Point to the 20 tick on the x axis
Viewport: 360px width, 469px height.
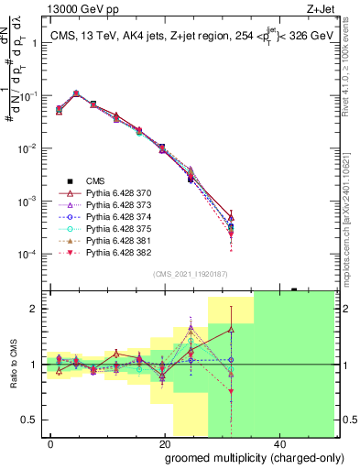tap(164, 442)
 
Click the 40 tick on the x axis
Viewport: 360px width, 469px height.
tap(278, 442)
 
